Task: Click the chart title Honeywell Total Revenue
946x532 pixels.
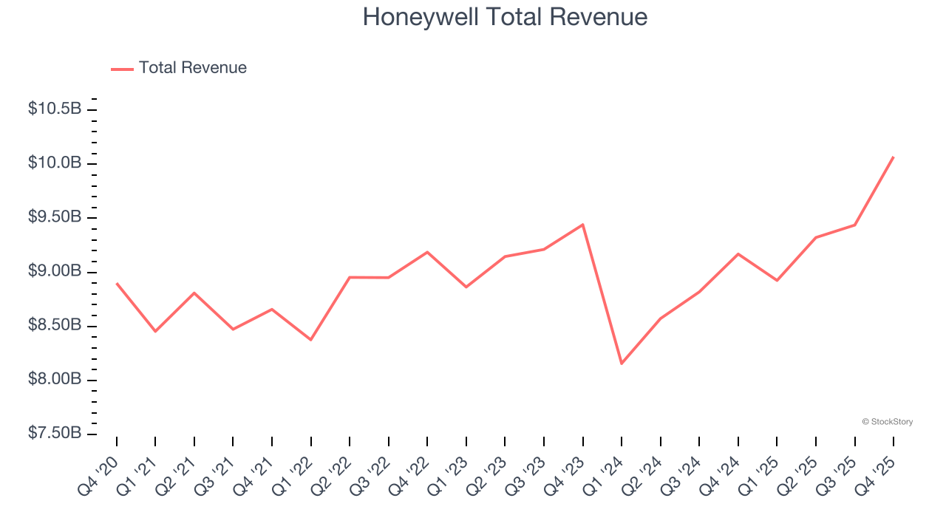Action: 505,17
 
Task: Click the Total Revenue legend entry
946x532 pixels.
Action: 192,68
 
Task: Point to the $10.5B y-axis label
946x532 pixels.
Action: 55,109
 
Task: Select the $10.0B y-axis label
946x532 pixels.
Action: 55,163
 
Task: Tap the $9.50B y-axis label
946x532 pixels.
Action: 55,217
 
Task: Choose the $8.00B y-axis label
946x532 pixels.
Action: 55,380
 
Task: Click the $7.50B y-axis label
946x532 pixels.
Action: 55,434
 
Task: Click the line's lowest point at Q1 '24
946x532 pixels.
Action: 622,364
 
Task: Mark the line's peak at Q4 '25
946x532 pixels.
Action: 894,157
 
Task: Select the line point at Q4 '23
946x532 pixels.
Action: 583,225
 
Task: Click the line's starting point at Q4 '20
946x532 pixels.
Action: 117,283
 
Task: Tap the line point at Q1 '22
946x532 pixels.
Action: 311,340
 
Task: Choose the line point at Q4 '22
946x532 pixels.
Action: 427,252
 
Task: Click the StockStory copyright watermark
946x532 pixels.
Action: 887,422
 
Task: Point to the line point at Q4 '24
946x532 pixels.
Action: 738,253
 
